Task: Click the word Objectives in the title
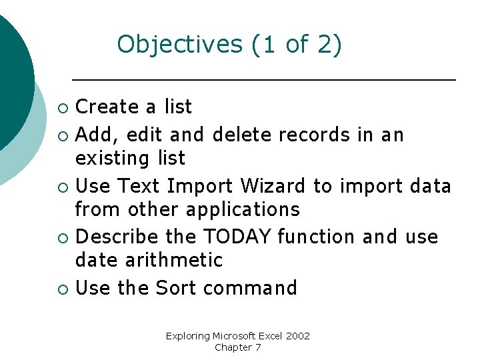click(179, 45)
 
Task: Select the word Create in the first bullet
click(107, 107)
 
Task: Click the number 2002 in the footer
click(297, 336)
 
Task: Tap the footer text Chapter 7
click(238, 347)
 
